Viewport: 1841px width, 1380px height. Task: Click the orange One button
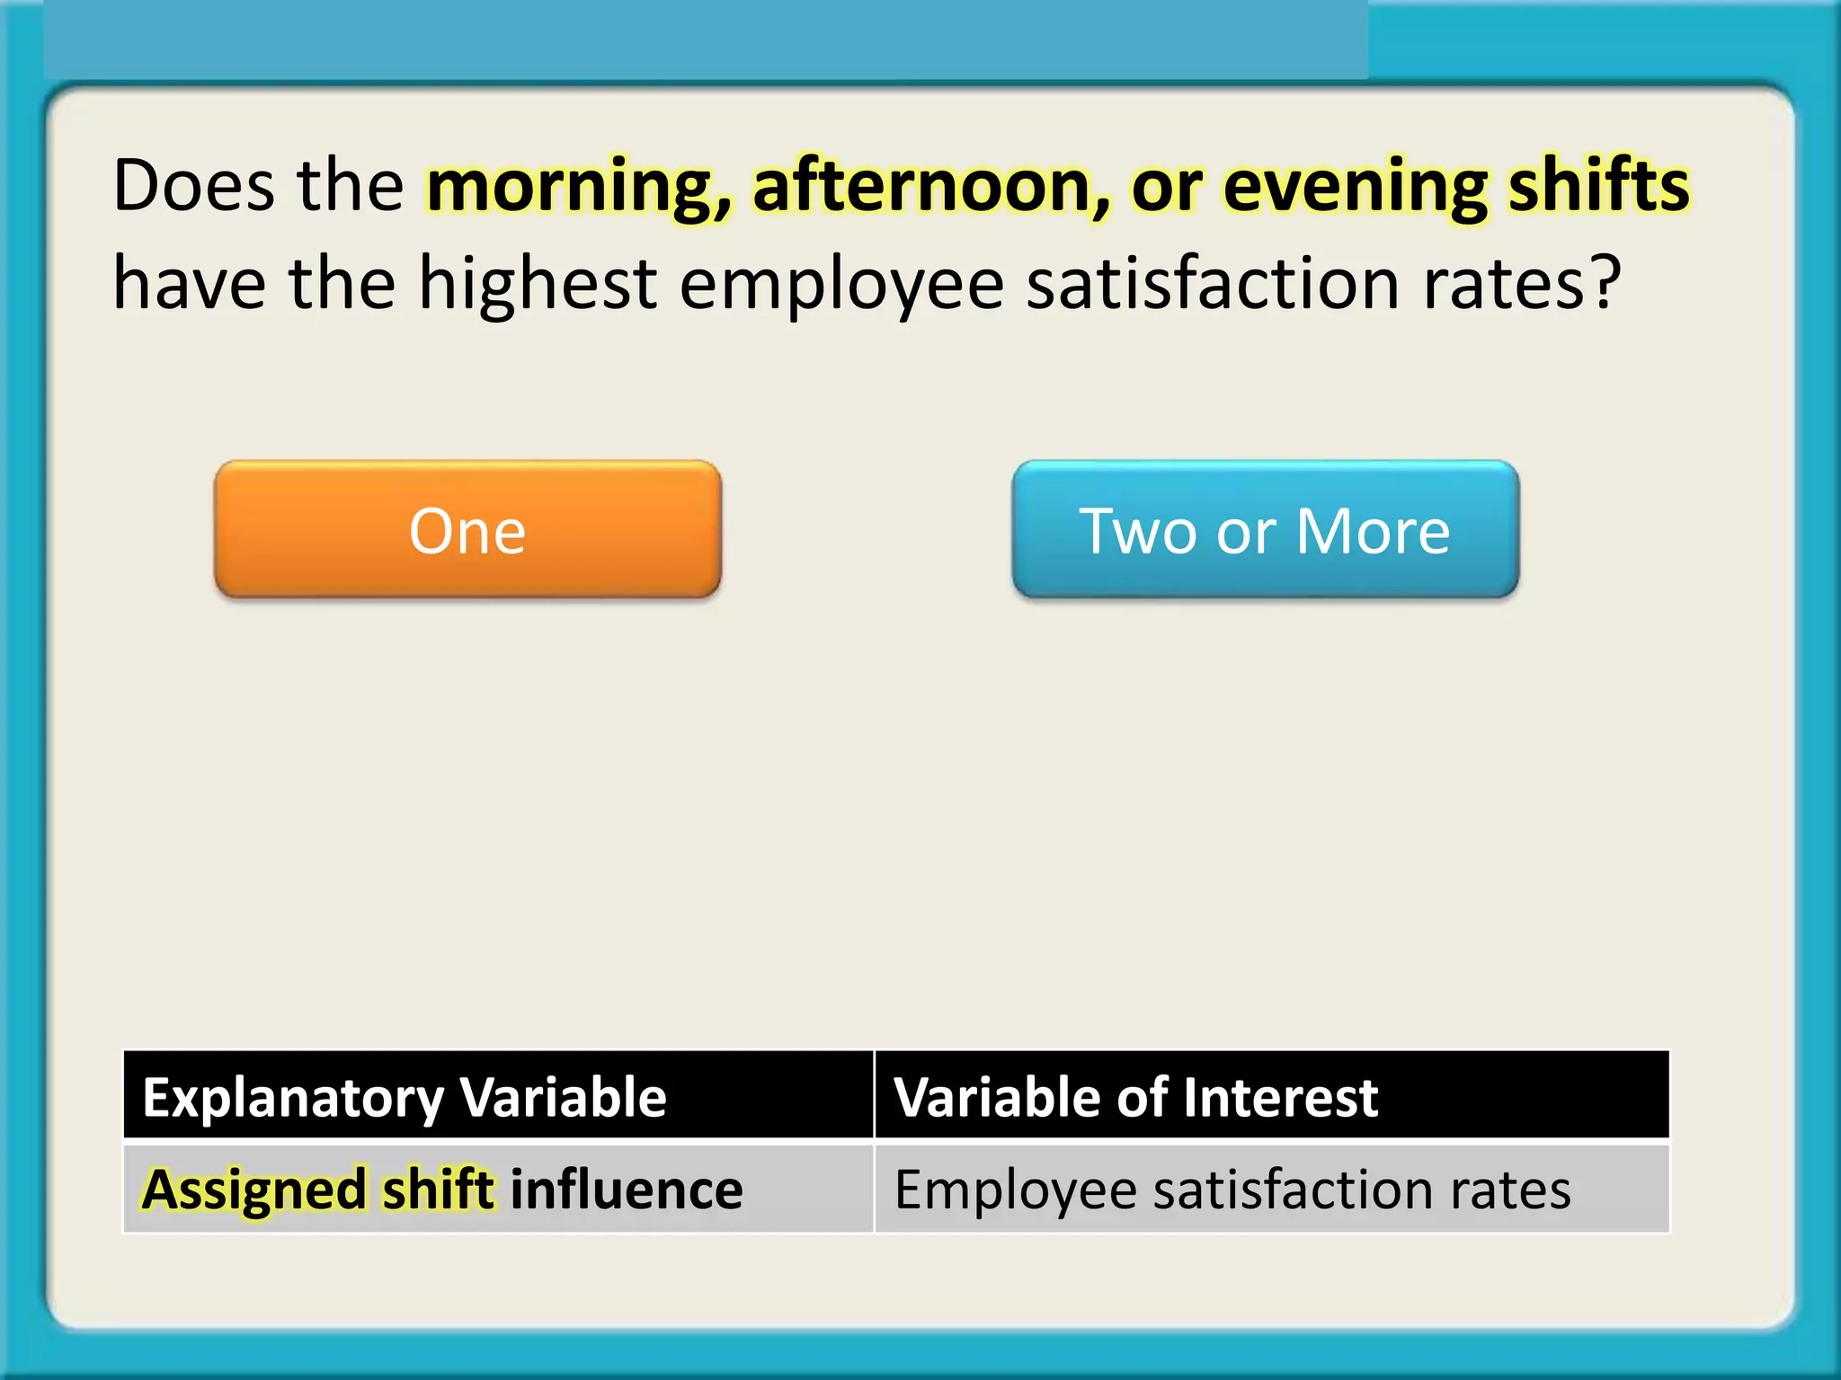tap(467, 530)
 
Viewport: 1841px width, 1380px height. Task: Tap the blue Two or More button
tap(1265, 530)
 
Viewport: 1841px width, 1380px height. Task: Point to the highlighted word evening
tap(1355, 186)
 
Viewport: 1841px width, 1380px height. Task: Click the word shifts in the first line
tap(1598, 186)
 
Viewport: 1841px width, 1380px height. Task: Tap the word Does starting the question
tap(193, 186)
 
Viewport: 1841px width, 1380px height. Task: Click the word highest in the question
tap(538, 284)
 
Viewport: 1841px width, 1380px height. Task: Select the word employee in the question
tap(841, 284)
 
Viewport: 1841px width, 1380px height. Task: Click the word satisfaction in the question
tap(1214, 284)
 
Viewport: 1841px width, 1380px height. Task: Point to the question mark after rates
tap(1603, 284)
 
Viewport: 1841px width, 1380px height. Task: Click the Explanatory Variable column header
tap(405, 1097)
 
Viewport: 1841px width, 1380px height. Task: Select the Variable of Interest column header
tap(1135, 1097)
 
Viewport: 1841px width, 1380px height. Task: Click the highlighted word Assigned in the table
tap(254, 1190)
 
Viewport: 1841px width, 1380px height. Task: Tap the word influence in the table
tap(627, 1190)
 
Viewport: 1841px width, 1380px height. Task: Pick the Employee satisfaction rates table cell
tap(1232, 1190)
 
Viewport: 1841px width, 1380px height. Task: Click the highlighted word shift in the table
tap(438, 1190)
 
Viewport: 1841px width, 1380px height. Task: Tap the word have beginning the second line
tap(190, 284)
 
